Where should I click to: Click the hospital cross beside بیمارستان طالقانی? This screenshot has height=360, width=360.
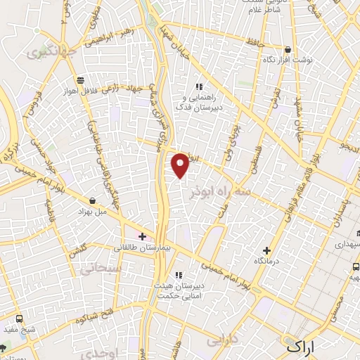tap(142, 236)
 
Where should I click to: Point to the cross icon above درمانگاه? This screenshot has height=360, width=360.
tap(266, 250)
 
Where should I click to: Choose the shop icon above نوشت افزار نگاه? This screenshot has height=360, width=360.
tap(288, 49)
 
